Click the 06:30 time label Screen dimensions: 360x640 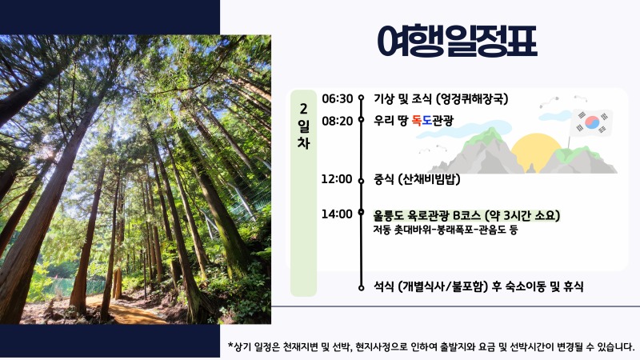click(x=337, y=99)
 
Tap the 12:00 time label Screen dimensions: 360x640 click(x=337, y=178)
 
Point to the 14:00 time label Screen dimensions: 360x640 click(x=337, y=214)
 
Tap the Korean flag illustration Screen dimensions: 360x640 click(x=592, y=123)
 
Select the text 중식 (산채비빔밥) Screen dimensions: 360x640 click(x=416, y=178)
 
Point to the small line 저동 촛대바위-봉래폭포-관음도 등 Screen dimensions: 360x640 click(x=446, y=230)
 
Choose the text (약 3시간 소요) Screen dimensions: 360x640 click(x=522, y=215)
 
